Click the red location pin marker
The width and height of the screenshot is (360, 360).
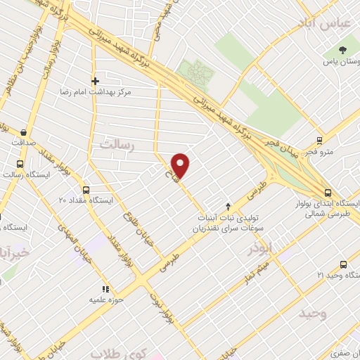coord(181,165)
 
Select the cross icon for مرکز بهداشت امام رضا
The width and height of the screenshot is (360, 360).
coord(96,81)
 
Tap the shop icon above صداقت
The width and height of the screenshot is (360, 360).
coord(24,131)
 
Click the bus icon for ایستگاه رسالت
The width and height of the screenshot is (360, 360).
coord(19,174)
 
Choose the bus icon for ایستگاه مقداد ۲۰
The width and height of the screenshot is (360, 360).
coord(86,190)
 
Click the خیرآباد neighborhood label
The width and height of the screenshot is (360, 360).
coord(15,251)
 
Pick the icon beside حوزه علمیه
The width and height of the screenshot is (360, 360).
coord(105,288)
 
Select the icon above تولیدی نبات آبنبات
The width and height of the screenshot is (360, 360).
coord(227,206)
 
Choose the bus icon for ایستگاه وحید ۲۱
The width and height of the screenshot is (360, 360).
coord(342,264)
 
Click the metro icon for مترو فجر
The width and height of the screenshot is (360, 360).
coord(319,140)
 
